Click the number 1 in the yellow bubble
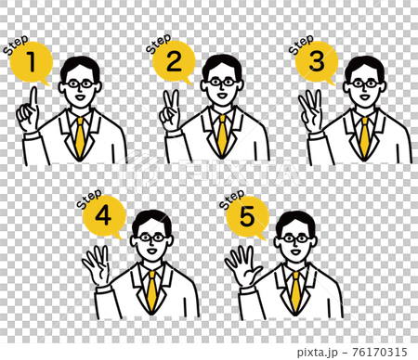(32, 62)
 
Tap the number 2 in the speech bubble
(174, 61)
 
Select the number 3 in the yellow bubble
(317, 61)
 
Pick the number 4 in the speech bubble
(103, 215)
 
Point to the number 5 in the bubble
(247, 216)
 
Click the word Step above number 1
(16, 45)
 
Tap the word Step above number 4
(89, 199)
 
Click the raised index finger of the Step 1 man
(33, 98)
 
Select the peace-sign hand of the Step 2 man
(169, 110)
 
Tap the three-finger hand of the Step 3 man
(310, 110)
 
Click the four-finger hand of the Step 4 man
(96, 264)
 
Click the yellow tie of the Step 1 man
(80, 136)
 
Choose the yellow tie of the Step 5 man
(296, 290)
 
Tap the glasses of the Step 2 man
(222, 83)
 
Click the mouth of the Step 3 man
(364, 96)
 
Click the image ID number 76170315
(380, 353)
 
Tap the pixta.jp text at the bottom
(317, 353)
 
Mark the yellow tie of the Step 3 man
(365, 136)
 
